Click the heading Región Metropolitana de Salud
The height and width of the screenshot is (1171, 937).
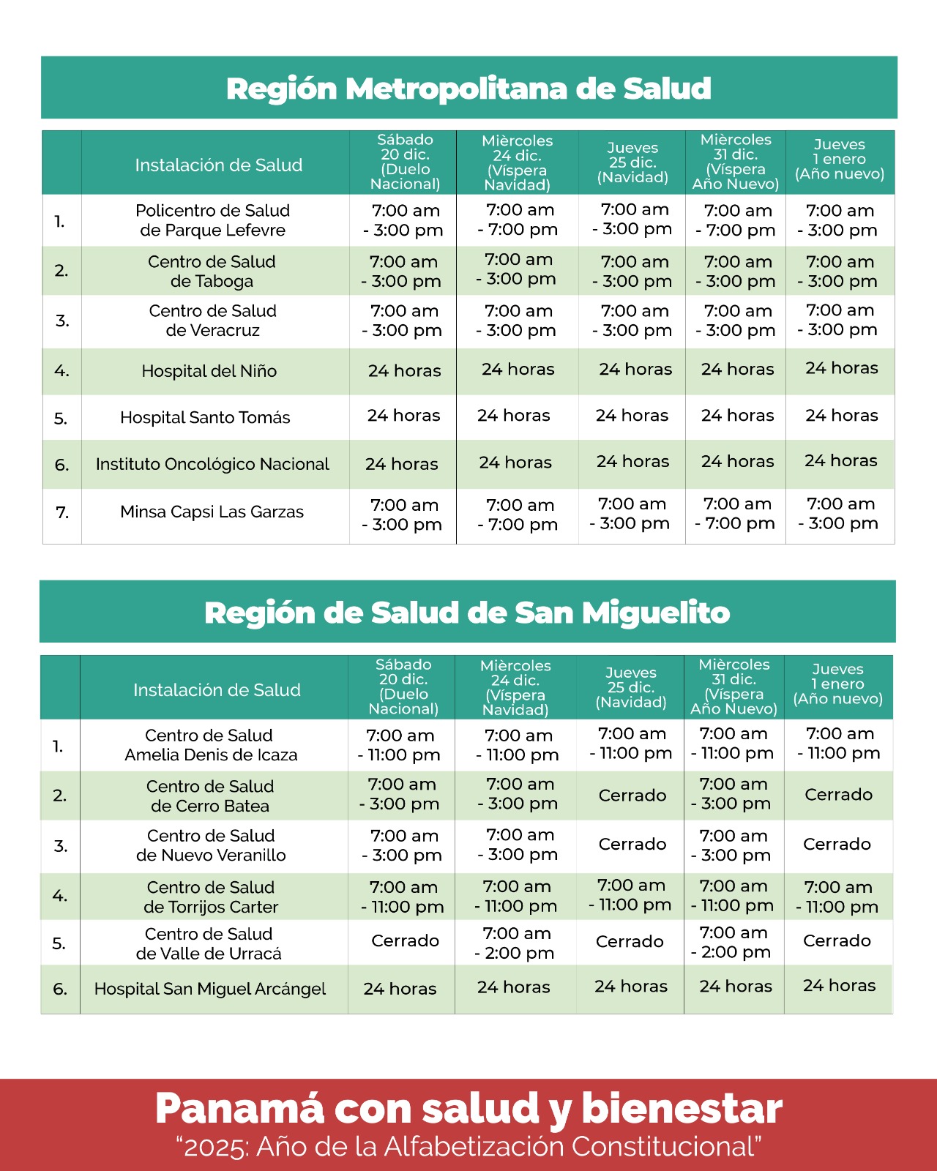(468, 89)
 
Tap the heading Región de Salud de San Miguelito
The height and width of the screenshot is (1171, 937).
(467, 613)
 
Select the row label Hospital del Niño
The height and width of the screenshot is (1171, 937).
(209, 371)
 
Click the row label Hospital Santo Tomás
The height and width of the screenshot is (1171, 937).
(205, 418)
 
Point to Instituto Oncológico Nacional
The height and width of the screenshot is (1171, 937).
(212, 464)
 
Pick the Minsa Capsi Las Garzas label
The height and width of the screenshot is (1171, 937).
(212, 512)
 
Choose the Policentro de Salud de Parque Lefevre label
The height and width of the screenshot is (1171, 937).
(212, 220)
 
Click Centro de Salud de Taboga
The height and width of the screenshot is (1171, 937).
(212, 272)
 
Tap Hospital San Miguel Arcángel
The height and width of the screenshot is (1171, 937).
(210, 989)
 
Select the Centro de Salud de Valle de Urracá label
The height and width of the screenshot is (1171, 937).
(209, 943)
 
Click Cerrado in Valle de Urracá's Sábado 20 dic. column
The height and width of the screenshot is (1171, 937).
(405, 941)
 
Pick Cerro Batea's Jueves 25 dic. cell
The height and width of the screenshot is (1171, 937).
(632, 796)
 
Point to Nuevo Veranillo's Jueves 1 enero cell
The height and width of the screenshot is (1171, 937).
(837, 845)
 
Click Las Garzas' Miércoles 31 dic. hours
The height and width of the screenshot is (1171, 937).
(736, 514)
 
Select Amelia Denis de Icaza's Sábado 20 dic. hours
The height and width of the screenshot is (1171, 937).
(400, 745)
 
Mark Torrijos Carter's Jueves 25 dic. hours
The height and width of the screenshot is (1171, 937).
(631, 895)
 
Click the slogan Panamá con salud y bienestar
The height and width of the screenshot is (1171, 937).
(468, 1109)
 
